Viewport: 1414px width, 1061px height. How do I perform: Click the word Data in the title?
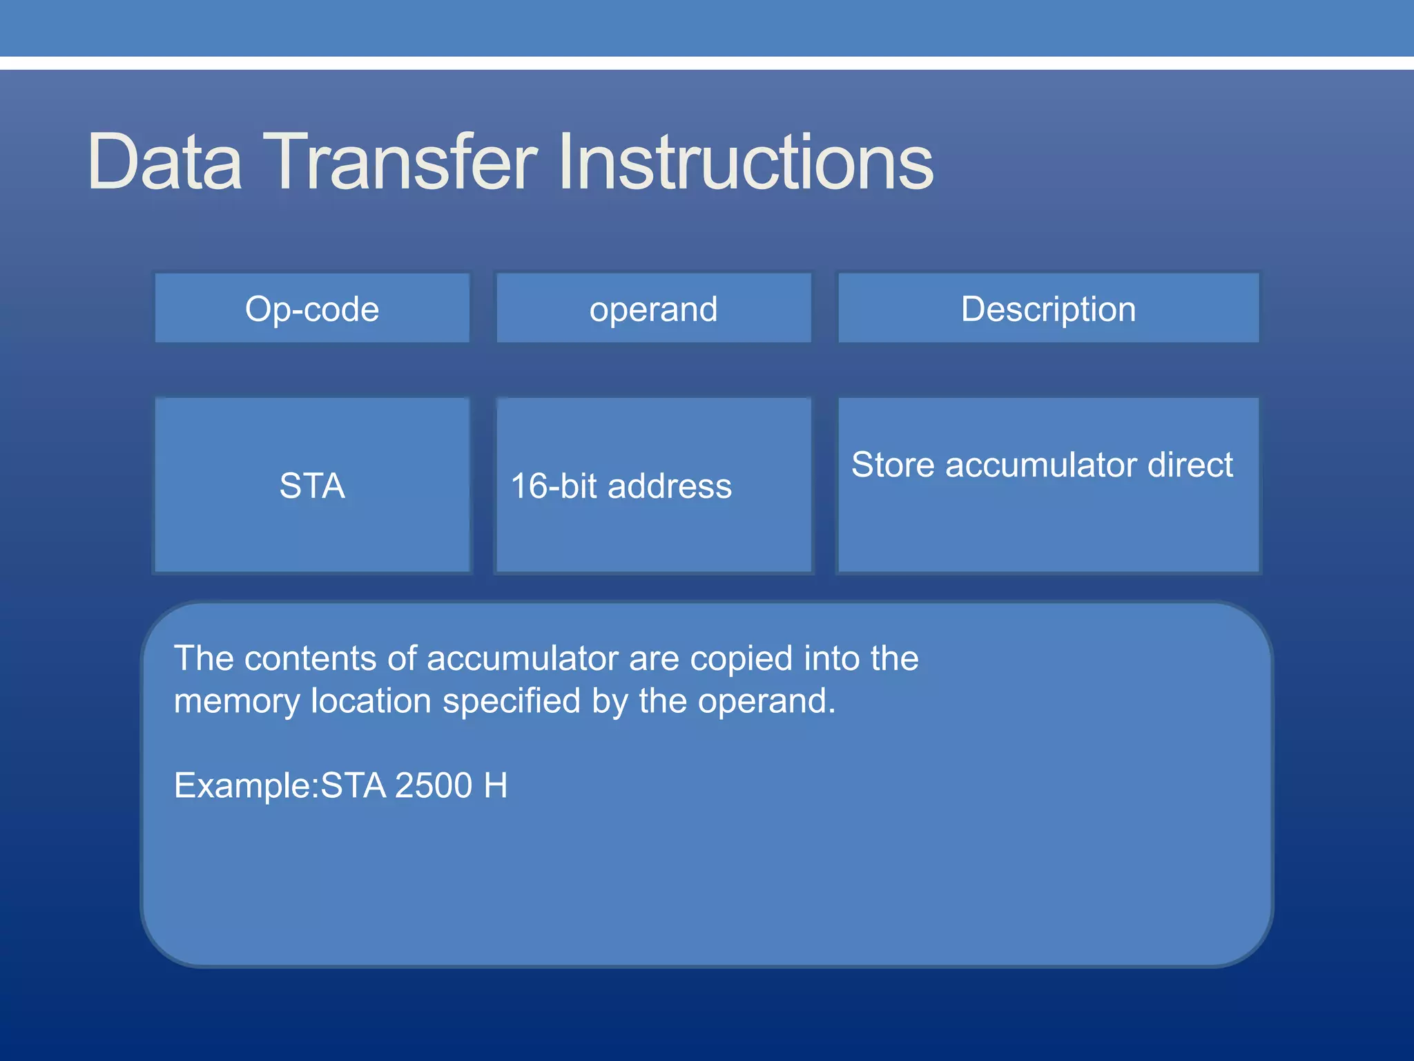tap(164, 162)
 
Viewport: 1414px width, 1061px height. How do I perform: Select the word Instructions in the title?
tap(745, 162)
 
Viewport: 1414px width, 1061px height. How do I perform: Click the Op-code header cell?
tap(312, 309)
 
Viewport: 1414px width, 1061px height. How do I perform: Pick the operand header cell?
tap(653, 309)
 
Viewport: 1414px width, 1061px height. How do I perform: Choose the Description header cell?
tap(1048, 309)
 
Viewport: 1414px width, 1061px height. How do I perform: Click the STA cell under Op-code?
tap(312, 486)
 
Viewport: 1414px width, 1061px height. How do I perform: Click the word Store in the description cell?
tap(893, 464)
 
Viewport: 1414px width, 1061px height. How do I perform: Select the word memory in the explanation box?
tap(237, 702)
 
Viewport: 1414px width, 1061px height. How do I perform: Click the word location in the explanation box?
tap(371, 700)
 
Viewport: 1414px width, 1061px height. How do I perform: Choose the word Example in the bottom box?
tap(242, 786)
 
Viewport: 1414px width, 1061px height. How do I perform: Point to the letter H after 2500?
tap(496, 785)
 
